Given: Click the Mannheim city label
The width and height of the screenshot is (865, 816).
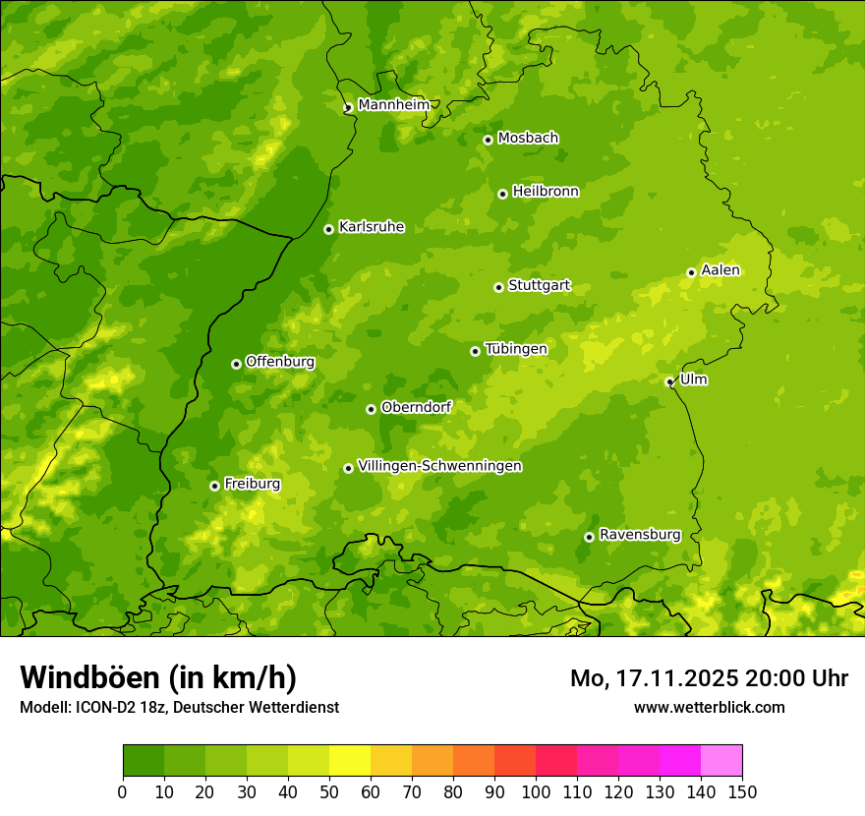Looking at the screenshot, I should [x=393, y=104].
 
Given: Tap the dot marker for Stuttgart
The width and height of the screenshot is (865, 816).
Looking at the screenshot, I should [x=498, y=287].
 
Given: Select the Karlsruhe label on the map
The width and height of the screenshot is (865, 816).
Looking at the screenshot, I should [x=371, y=227].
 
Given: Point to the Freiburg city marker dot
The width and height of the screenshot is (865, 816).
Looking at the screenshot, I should [x=214, y=486].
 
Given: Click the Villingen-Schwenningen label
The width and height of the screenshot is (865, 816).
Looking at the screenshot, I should [x=439, y=466].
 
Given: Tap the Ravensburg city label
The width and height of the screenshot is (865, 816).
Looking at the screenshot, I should [x=639, y=535].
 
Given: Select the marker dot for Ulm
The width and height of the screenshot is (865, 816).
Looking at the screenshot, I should [x=669, y=381].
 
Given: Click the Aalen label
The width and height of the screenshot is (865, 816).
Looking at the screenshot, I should [x=720, y=270].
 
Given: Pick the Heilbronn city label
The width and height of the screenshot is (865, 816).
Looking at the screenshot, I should [x=546, y=192].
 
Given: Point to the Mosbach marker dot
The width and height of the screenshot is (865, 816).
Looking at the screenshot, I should [x=488, y=140].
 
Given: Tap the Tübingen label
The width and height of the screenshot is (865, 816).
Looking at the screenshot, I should [x=515, y=349].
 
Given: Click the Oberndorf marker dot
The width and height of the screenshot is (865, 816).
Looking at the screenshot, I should [x=371, y=409].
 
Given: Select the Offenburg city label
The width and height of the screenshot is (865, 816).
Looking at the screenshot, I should [x=279, y=362].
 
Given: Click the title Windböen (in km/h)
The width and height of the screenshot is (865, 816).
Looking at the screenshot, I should [x=157, y=677].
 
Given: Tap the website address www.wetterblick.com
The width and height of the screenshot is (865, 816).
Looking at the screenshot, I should [x=709, y=707].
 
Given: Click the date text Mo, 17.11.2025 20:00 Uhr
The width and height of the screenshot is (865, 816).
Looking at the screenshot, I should [x=709, y=678].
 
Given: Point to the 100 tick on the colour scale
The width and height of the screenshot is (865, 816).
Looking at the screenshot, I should [x=536, y=791].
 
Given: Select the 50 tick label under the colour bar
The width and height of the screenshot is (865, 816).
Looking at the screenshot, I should [x=329, y=791].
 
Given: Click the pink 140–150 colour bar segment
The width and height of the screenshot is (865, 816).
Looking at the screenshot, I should [x=721, y=761].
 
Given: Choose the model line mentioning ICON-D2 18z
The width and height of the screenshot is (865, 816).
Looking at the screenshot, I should [x=179, y=707].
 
